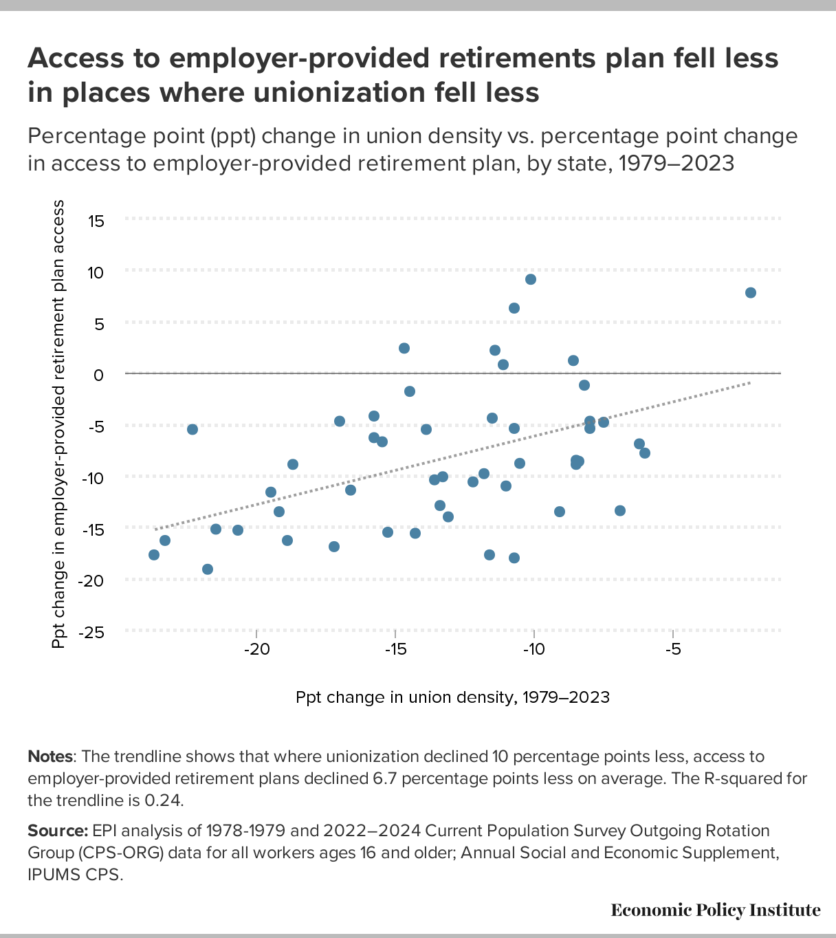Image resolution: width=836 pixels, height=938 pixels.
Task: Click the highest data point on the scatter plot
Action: (531, 279)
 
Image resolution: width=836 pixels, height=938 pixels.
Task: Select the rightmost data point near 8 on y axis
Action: (751, 293)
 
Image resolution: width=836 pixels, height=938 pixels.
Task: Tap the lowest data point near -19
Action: (208, 569)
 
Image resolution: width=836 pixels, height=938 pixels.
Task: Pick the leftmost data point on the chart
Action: (154, 555)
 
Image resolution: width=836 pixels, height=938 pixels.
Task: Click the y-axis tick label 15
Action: (95, 221)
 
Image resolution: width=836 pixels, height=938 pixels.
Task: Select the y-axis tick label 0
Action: (99, 375)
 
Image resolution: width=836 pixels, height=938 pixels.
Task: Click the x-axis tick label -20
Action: (256, 651)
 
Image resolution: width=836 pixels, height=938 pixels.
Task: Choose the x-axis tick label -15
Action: (395, 651)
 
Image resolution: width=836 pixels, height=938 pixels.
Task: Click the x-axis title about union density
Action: (452, 697)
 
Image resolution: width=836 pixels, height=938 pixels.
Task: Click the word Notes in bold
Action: (49, 756)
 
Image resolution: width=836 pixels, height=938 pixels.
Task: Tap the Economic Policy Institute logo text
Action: (715, 910)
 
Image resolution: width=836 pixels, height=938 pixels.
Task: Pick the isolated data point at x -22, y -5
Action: (192, 429)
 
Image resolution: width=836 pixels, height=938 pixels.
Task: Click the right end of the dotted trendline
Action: (750, 383)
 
